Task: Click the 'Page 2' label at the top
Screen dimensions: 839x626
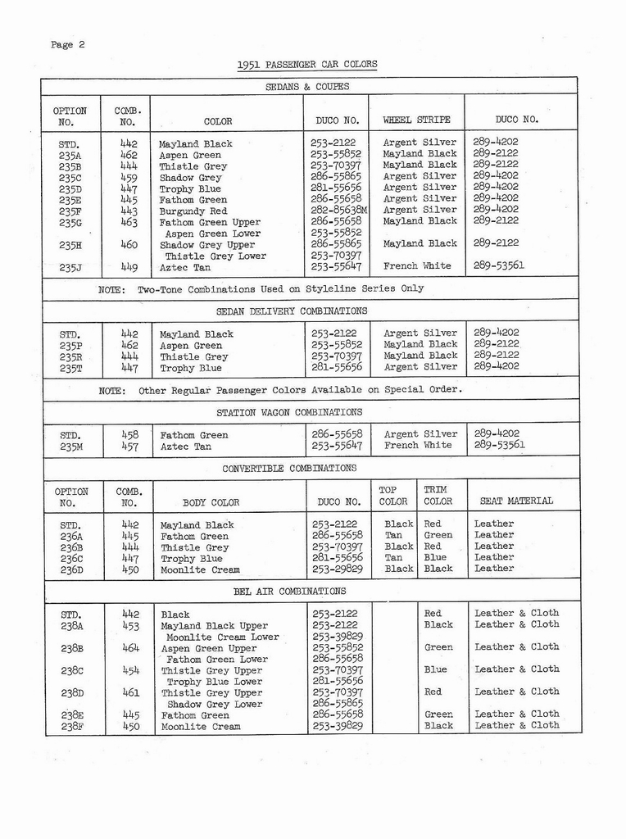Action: [x=68, y=45]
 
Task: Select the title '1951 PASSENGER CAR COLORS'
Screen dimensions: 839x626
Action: [x=307, y=65]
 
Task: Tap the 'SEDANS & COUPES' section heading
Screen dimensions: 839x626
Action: [x=307, y=86]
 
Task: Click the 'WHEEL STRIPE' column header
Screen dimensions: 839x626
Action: [x=416, y=120]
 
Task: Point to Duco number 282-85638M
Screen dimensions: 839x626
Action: [x=338, y=211]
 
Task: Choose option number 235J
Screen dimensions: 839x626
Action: [x=70, y=267]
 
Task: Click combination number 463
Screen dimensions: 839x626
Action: [x=129, y=222]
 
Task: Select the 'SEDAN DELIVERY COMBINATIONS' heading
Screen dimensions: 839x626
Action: [x=292, y=311]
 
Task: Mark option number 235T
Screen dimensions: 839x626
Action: [x=70, y=368]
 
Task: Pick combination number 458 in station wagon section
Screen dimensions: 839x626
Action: [x=129, y=435]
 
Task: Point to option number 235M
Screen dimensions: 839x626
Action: [x=70, y=447]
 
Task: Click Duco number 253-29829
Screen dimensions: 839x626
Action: [x=337, y=569]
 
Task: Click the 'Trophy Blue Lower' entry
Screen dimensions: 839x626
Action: [x=215, y=682]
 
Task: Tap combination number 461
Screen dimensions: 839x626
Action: [x=130, y=692]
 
